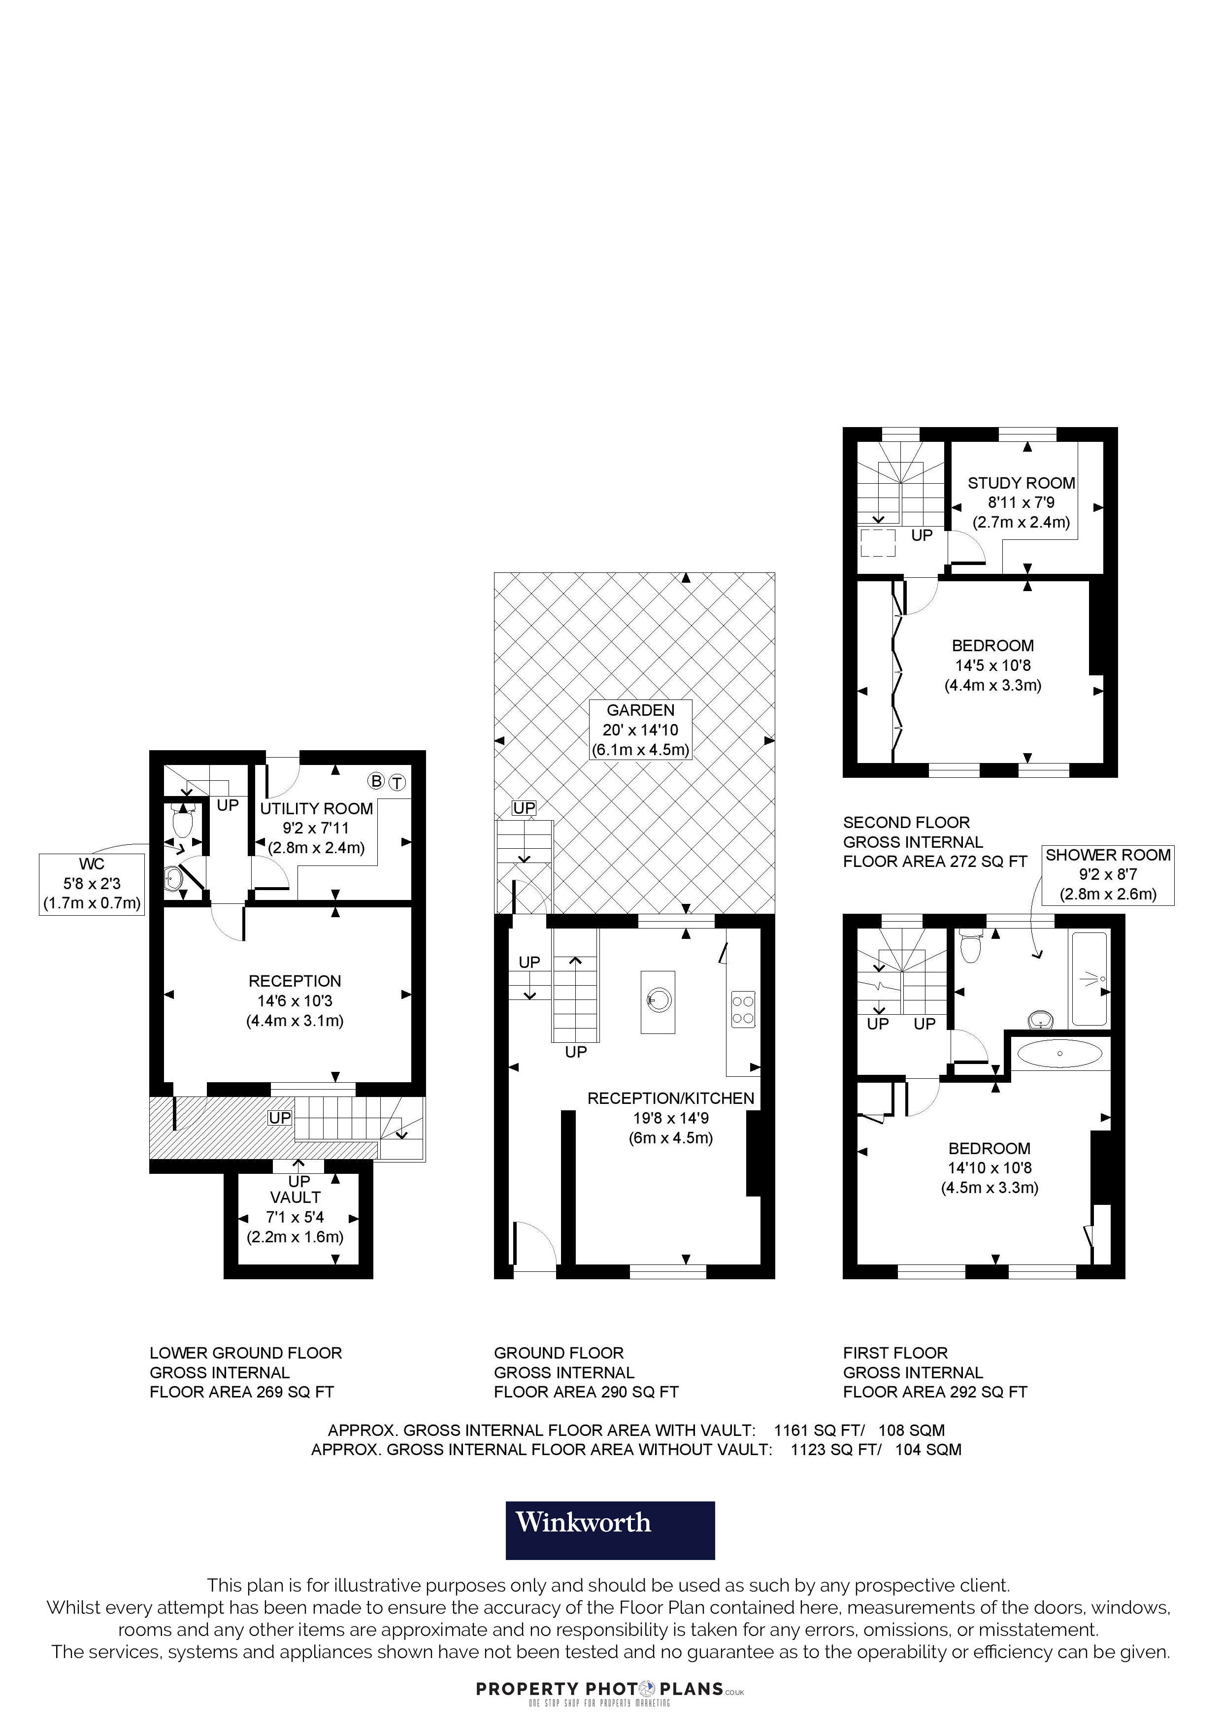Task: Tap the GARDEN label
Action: (x=640, y=710)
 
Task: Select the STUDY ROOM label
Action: (x=1021, y=483)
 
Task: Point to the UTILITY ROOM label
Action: (x=316, y=808)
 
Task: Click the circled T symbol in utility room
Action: (x=397, y=783)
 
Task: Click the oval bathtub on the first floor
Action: (x=1059, y=1054)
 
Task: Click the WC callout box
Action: (x=92, y=884)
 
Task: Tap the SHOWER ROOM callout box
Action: (x=1107, y=874)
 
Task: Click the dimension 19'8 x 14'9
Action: (x=670, y=1118)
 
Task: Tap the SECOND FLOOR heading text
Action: (x=906, y=823)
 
